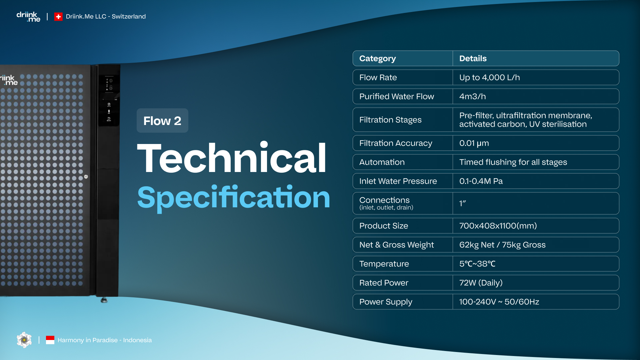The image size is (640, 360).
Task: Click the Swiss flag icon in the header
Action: coord(58,17)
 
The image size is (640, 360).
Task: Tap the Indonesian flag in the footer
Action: coord(50,340)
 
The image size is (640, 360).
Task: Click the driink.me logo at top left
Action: coord(28,17)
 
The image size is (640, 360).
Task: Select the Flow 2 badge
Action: coord(162,121)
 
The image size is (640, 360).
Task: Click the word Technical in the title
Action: coord(232,158)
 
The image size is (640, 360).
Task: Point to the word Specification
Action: coord(234,198)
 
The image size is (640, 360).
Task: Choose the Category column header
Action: coord(378,59)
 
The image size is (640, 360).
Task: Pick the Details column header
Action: coord(473,58)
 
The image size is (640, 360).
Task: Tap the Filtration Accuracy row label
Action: coord(396,143)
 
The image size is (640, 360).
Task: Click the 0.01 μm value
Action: coord(474,143)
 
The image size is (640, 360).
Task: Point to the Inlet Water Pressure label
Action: coord(398,181)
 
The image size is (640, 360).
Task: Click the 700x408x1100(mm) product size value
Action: coord(498,226)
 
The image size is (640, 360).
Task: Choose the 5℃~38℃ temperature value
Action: coord(477,264)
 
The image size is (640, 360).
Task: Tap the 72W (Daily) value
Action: coord(481,283)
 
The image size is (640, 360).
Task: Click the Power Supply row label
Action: coord(386,302)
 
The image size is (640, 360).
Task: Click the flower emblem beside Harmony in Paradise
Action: coord(24,340)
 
